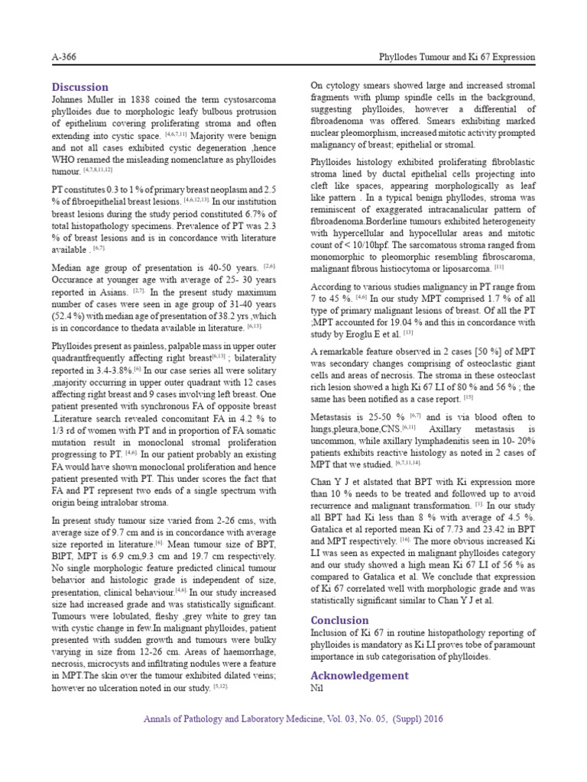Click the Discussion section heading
(x=80, y=87)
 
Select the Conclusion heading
(x=339, y=620)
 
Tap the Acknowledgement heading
(x=359, y=675)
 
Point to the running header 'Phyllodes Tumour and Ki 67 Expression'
(x=457, y=58)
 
